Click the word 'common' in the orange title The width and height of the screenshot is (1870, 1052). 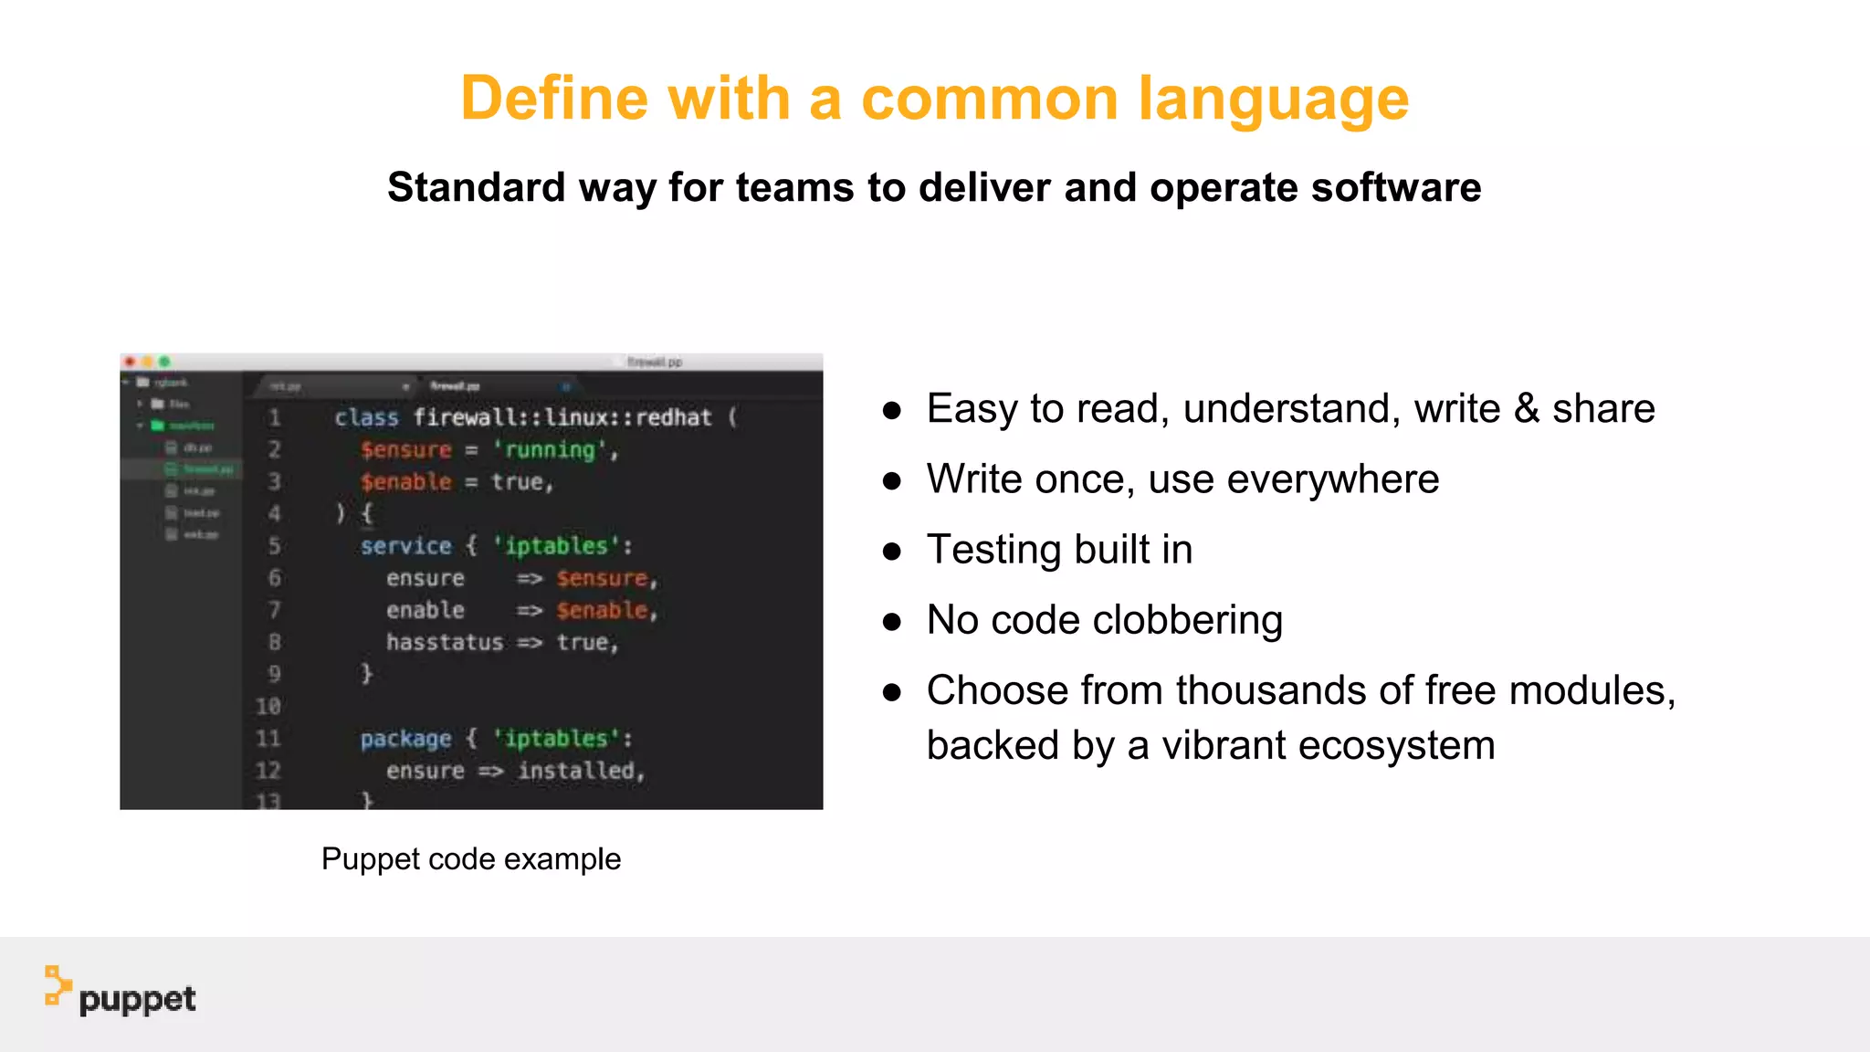click(x=989, y=99)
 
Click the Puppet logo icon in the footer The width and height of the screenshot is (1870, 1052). click(x=58, y=986)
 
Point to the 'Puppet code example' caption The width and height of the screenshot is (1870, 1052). click(x=471, y=858)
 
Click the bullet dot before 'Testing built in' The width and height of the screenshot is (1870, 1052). click(x=892, y=551)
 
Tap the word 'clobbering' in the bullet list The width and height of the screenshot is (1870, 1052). click(x=1187, y=620)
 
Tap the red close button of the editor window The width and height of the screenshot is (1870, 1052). click(x=130, y=362)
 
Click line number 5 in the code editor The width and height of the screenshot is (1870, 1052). click(x=274, y=546)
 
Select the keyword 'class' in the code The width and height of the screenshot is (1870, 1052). click(x=366, y=417)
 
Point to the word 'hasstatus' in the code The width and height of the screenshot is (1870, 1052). click(x=444, y=643)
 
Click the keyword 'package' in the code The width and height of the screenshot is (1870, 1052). click(x=405, y=739)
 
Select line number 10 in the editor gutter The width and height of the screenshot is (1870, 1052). click(x=268, y=706)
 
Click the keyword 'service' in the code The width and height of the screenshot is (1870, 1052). click(x=405, y=546)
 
